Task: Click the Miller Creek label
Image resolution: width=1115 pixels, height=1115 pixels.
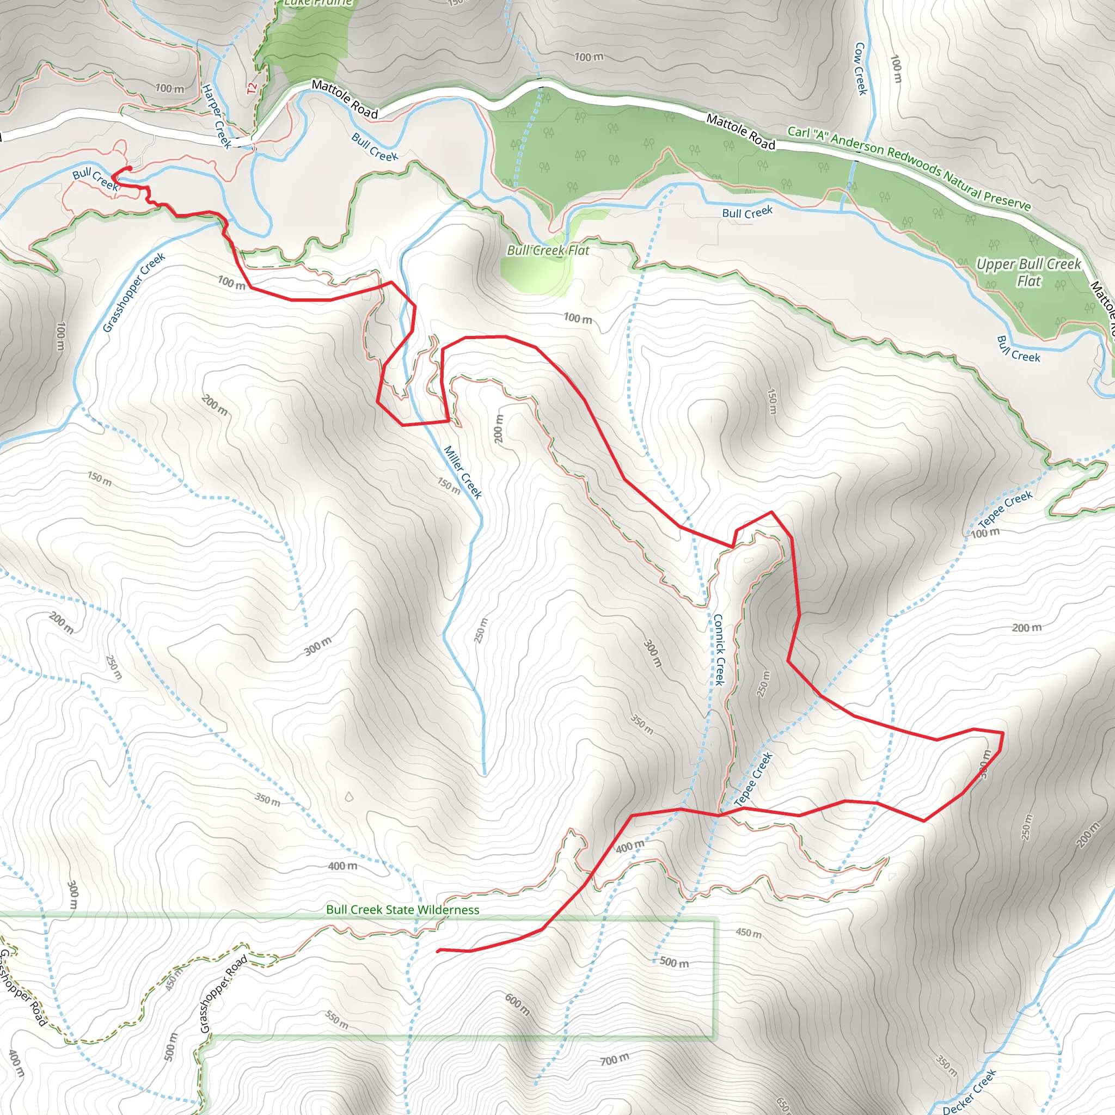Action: (462, 472)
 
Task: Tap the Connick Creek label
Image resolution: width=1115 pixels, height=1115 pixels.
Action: (719, 650)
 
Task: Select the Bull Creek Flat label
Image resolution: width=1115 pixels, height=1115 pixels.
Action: (548, 250)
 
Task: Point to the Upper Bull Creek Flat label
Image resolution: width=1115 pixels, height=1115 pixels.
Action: (1028, 272)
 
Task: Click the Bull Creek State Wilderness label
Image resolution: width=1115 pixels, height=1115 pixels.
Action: (402, 910)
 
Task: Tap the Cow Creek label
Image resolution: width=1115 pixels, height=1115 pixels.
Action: (861, 69)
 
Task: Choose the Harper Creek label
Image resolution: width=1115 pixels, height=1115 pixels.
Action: (216, 116)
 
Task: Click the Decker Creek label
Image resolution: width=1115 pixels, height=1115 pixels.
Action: (969, 1092)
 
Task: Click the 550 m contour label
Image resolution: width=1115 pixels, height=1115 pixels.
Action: (336, 1020)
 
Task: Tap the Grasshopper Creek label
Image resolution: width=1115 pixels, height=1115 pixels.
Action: (134, 292)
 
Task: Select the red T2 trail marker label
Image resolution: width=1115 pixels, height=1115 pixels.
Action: (251, 88)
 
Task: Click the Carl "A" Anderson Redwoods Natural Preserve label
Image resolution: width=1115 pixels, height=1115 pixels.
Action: (909, 168)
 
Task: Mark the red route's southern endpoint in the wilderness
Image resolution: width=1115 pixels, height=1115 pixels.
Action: (439, 950)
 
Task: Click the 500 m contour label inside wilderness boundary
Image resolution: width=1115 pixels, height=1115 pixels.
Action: (673, 962)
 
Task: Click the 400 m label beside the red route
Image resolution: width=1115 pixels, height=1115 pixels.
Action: (630, 847)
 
